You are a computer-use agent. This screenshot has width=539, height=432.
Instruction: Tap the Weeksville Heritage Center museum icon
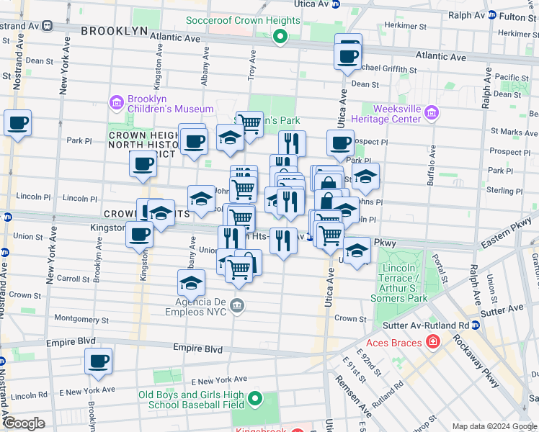tap(431, 112)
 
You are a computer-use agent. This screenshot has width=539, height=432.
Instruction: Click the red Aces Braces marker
tap(432, 341)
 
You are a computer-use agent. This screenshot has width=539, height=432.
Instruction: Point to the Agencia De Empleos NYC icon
tap(236, 307)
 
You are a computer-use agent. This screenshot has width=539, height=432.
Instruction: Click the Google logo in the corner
tap(24, 423)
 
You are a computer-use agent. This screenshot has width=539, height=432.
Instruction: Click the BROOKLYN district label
tap(114, 31)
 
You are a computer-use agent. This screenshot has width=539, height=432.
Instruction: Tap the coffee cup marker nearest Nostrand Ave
tap(17, 122)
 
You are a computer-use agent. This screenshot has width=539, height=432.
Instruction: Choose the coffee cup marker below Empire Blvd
tap(99, 361)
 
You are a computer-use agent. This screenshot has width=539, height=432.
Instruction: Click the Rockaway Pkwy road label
tap(492, 368)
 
